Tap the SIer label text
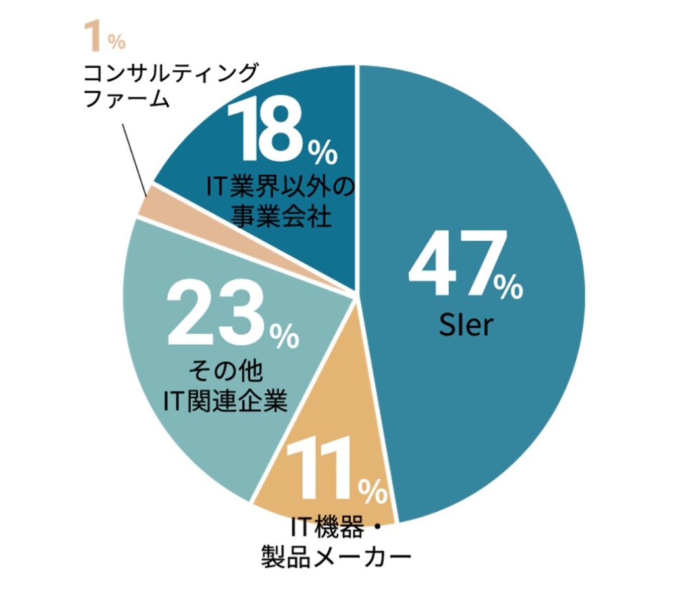466,325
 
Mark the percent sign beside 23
284,336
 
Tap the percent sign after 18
323,153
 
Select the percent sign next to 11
373,489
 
